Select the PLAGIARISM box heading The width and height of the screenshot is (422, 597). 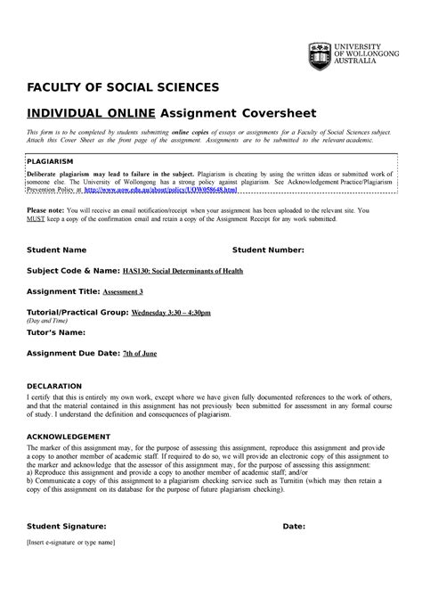click(55, 161)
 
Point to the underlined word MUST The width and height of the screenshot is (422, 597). click(37, 217)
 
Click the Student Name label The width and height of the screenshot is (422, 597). click(56, 250)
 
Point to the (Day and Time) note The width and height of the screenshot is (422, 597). click(52, 322)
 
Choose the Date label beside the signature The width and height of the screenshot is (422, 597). click(294, 527)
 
